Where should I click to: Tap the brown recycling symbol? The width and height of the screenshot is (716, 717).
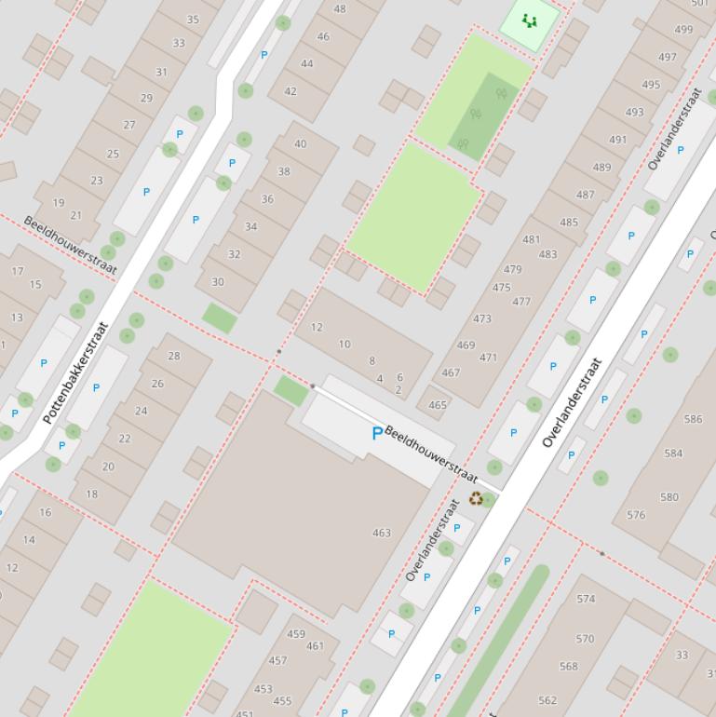pos(477,499)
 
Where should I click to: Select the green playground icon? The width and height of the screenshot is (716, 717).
pos(530,20)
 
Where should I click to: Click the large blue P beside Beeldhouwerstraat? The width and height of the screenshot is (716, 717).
pos(377,434)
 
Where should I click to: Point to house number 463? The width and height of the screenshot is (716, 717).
pos(382,534)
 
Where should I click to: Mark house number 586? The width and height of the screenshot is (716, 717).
pos(693,420)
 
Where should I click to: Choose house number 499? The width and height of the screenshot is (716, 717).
pos(683,30)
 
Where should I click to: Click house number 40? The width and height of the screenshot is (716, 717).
pos(300,144)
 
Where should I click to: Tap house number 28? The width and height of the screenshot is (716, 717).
pos(174,356)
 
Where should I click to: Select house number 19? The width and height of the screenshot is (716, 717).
pos(59,203)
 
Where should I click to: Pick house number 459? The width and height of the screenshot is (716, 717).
pos(296,634)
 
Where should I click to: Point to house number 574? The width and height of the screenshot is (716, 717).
pos(586,599)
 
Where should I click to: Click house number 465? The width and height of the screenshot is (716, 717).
pos(438,405)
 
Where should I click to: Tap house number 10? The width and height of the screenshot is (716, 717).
pos(344,344)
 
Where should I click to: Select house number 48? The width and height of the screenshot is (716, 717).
pos(340,9)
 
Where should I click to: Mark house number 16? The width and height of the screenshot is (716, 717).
pos(46,512)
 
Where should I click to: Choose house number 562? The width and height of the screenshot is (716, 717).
pos(547,700)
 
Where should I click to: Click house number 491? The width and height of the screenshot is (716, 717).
pos(618,140)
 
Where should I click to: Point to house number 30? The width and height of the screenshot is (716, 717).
pos(218,282)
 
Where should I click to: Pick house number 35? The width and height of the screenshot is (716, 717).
pos(193,20)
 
